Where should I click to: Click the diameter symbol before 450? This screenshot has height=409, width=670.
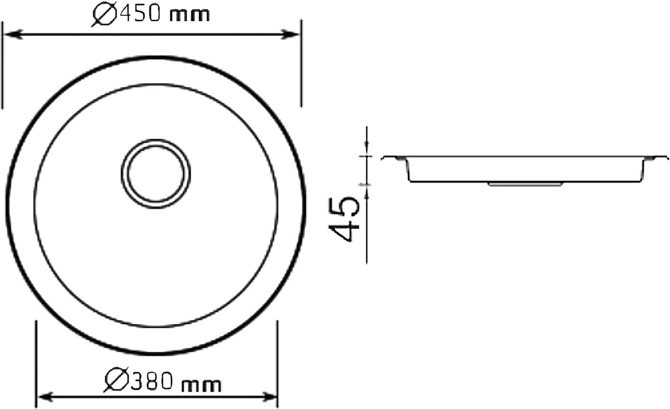point(104,15)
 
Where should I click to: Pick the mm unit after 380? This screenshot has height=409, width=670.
point(202,385)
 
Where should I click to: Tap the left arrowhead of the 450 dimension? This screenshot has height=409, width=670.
point(13,34)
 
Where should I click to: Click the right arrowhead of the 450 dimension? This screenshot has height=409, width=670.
point(289,34)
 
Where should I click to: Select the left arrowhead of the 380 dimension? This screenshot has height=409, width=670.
point(47,397)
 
